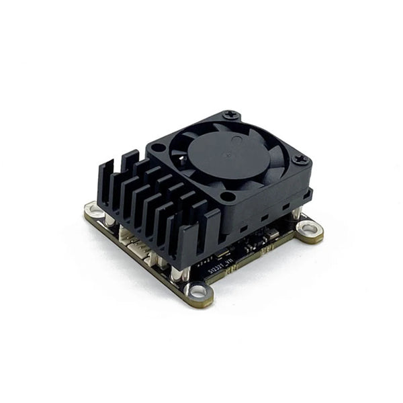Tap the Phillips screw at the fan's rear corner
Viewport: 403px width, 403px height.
coord(231,116)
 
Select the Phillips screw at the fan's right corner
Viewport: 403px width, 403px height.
coord(300,160)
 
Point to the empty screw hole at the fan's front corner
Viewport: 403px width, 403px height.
coord(228,197)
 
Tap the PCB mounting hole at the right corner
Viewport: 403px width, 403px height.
coord(309,230)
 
